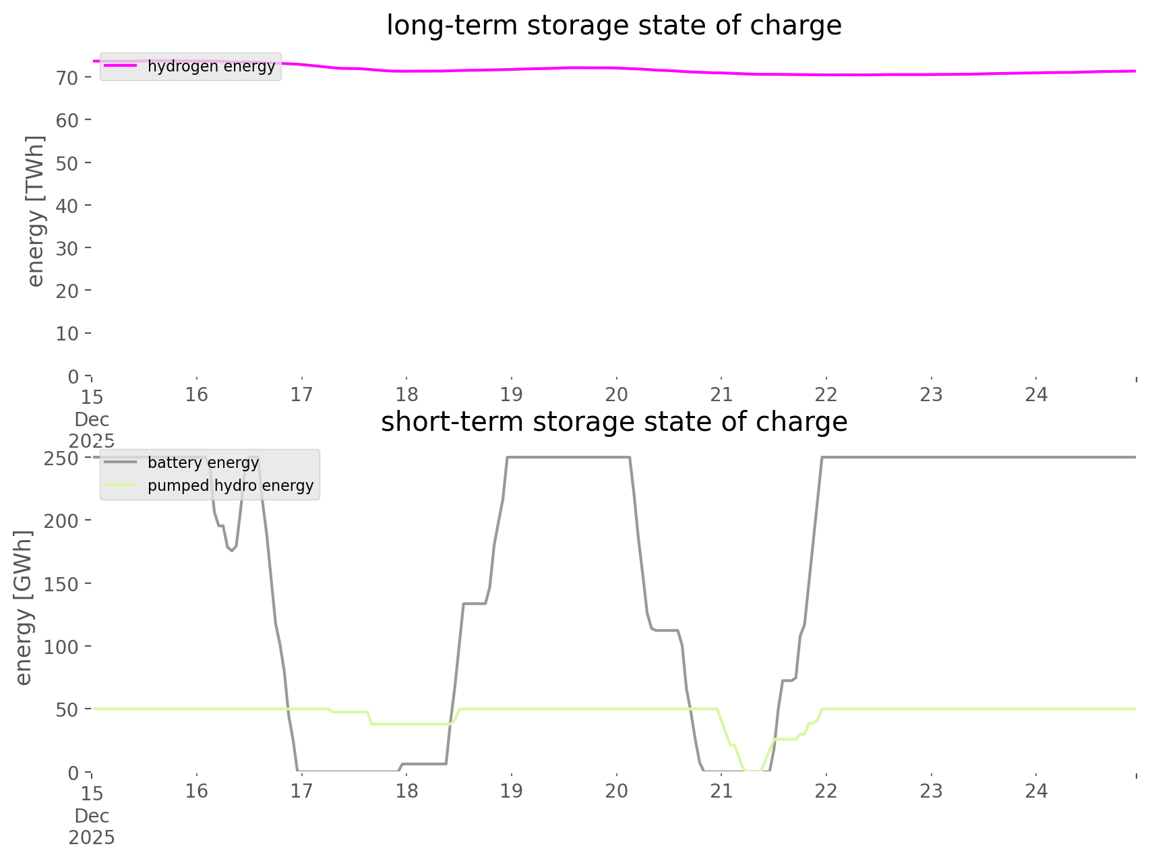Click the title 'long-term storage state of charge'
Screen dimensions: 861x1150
(x=613, y=26)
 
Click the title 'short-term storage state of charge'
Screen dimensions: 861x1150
(x=613, y=422)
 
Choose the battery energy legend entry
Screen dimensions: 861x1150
(x=203, y=463)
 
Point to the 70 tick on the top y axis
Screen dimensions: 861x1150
(x=67, y=78)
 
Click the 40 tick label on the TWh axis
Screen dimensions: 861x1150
(x=67, y=206)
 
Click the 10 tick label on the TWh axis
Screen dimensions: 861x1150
(x=67, y=334)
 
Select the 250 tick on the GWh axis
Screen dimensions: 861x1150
(x=61, y=458)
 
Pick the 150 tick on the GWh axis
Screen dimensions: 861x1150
(x=61, y=584)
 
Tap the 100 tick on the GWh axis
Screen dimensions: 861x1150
(x=61, y=647)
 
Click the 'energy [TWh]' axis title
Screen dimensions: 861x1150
(x=35, y=211)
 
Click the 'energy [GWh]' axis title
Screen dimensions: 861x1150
(x=23, y=607)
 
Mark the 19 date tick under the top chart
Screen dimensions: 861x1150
(x=512, y=394)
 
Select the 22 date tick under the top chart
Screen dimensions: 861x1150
(x=826, y=394)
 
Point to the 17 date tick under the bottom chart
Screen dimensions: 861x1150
(x=301, y=791)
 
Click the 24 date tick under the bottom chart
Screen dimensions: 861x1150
(x=1037, y=791)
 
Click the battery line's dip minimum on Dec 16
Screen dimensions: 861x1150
(x=232, y=551)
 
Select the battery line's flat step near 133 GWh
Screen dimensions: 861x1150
(x=475, y=603)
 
